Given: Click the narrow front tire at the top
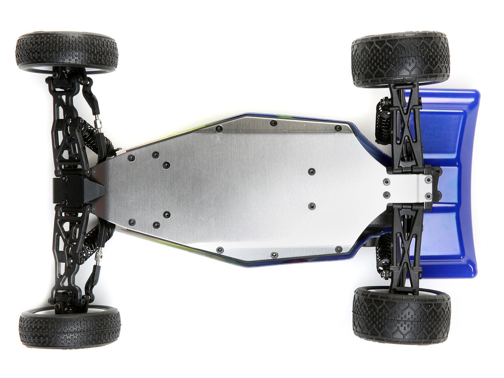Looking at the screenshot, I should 66,52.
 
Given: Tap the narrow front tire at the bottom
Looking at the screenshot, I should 70,327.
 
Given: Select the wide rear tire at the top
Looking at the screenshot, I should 401,59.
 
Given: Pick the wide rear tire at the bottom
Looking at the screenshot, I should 401,315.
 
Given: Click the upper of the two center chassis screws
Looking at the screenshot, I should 311,171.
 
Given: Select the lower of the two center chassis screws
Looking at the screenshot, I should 311,206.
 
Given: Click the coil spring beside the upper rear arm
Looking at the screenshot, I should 382,122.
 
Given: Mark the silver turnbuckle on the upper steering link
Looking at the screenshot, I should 98,124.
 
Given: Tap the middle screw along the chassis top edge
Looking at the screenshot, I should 273,123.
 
